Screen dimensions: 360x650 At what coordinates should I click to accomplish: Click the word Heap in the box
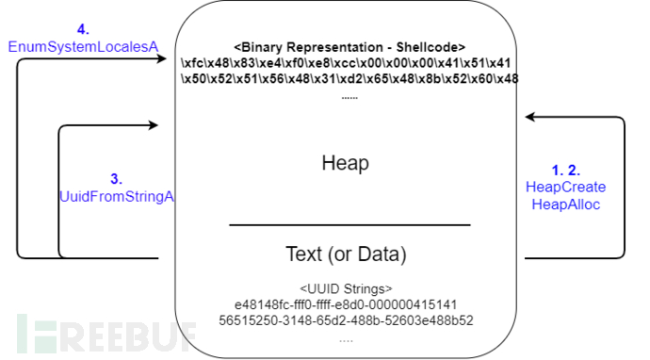pos(345,163)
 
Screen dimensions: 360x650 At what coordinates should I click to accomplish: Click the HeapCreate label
pos(565,188)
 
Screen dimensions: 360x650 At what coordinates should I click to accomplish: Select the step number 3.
pos(116,178)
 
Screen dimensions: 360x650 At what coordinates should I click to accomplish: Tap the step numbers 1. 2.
pos(565,171)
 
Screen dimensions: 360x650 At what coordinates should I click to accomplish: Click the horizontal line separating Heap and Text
pos(349,224)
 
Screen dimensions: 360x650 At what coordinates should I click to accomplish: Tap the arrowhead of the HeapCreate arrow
pos(530,117)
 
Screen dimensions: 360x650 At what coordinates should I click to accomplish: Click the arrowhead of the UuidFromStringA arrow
pos(163,123)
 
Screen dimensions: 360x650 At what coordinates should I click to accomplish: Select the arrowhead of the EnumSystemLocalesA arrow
pos(163,59)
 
